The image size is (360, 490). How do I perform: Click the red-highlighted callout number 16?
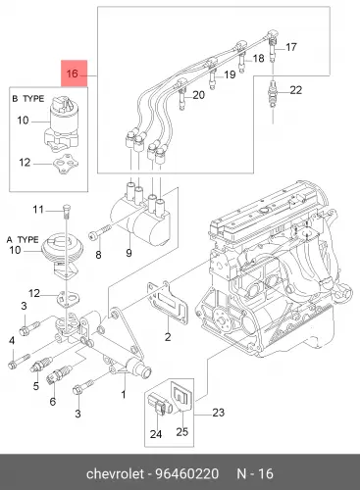pos(73,73)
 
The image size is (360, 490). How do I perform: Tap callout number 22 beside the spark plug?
pos(296,90)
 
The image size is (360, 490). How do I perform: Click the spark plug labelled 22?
pos(273,94)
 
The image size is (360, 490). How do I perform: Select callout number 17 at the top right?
pos(291,47)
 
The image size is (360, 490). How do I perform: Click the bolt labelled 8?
pos(99,232)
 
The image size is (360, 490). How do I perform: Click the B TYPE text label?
pos(28,98)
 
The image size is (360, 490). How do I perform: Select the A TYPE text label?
pos(23,239)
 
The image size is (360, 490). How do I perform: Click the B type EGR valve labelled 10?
pos(61,123)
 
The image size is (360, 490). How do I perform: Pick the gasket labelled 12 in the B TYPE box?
pos(66,165)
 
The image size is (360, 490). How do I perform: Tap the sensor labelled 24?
pos(160,405)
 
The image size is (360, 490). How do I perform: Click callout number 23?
pos(219,413)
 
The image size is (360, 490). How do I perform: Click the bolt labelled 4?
pos(19,361)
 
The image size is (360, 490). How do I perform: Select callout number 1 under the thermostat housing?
pos(124,395)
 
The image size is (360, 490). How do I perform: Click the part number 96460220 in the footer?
pos(186,473)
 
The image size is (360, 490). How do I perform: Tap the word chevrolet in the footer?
pos(115,473)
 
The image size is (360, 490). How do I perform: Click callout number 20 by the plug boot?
pos(198,95)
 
